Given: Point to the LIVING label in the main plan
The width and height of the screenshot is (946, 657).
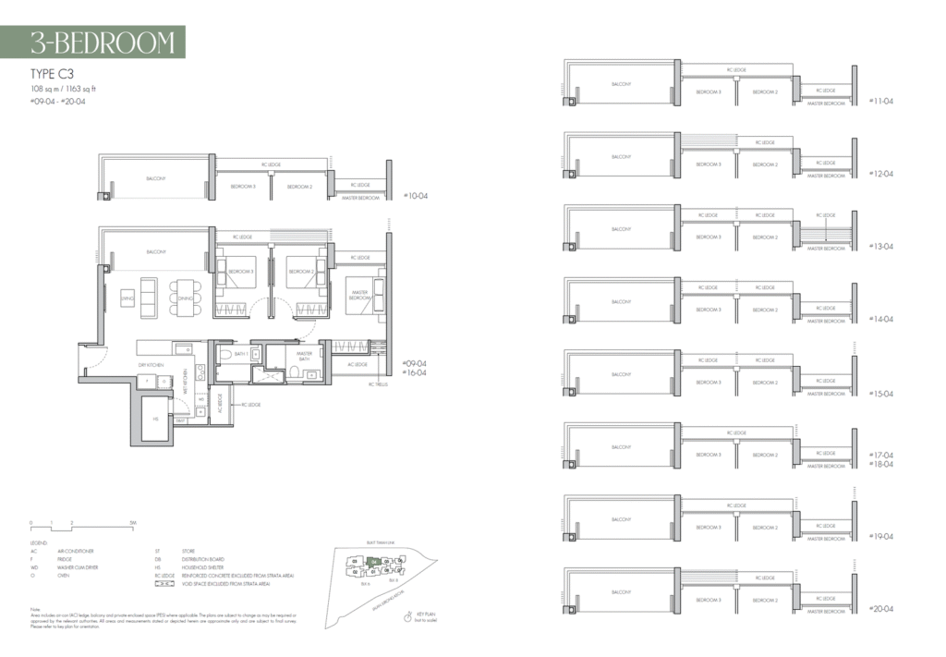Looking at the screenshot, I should pyautogui.click(x=127, y=298).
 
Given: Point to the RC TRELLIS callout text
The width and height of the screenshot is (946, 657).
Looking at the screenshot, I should pyautogui.click(x=379, y=383).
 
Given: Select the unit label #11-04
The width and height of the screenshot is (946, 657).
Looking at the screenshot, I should pyautogui.click(x=881, y=101).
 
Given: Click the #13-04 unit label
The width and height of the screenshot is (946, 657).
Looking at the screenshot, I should pyautogui.click(x=881, y=247).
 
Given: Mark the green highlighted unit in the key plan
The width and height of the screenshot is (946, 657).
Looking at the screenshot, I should pyautogui.click(x=373, y=561).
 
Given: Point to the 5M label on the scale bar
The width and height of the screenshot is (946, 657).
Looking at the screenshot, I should pyautogui.click(x=133, y=523).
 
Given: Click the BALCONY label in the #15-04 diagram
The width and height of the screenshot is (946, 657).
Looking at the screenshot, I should pyautogui.click(x=621, y=374).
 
